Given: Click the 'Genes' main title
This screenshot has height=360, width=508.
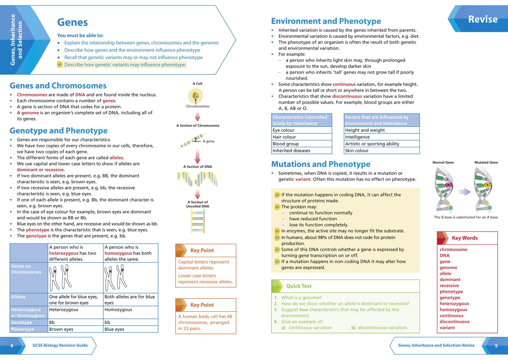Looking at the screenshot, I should (x=72, y=22).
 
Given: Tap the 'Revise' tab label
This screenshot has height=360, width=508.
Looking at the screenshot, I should (x=483, y=19).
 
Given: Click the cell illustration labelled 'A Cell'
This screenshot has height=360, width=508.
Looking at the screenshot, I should (x=195, y=96).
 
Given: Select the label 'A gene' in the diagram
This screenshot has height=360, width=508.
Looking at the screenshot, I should (x=208, y=141).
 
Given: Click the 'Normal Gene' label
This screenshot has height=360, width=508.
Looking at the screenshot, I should (x=443, y=162).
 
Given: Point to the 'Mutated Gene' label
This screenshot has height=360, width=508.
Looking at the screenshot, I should (x=486, y=162).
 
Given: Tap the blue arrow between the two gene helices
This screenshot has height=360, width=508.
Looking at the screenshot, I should (x=464, y=192).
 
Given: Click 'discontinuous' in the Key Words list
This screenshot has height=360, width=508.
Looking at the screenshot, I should (x=454, y=322).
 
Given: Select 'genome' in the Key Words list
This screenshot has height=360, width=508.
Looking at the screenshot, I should (x=448, y=268).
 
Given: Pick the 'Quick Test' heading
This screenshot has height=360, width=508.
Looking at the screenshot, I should (x=299, y=286).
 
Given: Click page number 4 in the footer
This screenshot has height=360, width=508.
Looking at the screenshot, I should (x=12, y=346).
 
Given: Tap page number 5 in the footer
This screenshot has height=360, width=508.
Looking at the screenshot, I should (x=496, y=346).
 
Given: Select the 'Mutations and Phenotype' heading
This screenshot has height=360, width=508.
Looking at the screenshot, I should (x=321, y=164).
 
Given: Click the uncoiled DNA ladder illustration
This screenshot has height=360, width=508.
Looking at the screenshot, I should (x=197, y=221).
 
